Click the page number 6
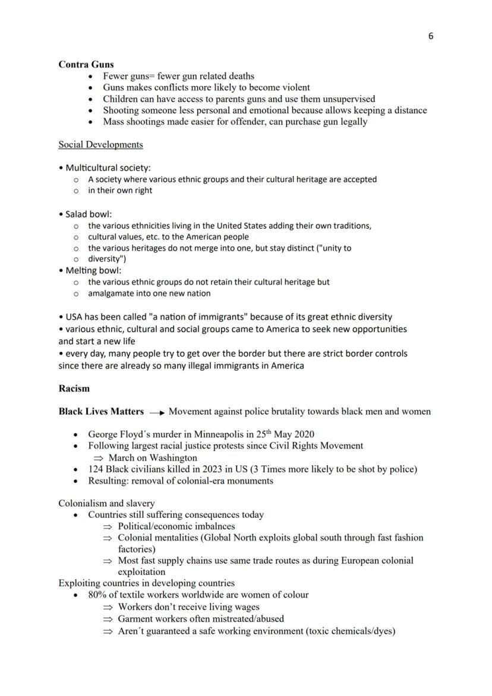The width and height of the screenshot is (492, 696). point(431,36)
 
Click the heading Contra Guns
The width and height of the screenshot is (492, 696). point(86,64)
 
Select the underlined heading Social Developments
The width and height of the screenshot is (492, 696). point(100,144)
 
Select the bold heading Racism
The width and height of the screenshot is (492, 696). point(74,389)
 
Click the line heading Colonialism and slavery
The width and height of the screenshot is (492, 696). point(106,503)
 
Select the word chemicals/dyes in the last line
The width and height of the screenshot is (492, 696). point(362,631)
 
